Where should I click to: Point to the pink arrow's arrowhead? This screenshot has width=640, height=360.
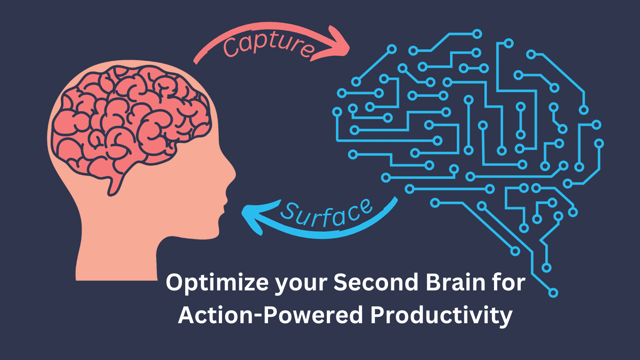point(334,43)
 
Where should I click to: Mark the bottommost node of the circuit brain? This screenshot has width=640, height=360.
point(553,293)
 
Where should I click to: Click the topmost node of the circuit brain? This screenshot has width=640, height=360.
point(477,34)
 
